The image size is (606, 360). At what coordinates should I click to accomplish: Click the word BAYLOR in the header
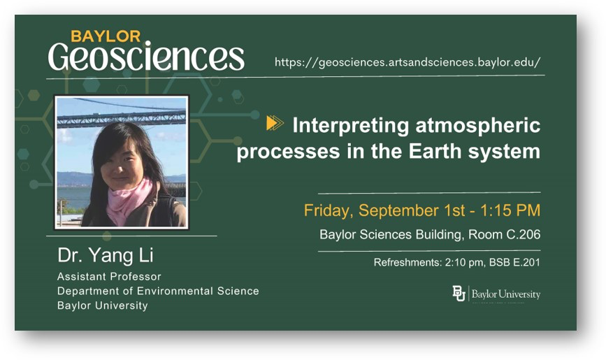(106, 36)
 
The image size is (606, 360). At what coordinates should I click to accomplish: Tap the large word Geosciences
(146, 57)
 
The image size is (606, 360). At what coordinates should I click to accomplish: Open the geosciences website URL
(407, 62)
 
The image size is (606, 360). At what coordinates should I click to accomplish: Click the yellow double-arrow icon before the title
(275, 124)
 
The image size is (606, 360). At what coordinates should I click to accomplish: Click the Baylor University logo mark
(459, 294)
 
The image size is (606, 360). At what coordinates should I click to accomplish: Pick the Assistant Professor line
(109, 277)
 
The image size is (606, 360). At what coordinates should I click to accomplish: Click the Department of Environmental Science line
(158, 291)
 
